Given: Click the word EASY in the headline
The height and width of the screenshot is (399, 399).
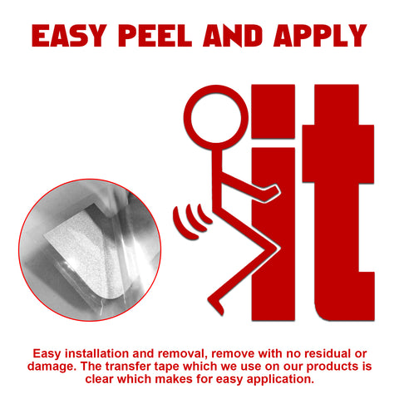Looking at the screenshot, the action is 69,36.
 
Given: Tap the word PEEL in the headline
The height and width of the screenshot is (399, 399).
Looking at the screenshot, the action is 155,36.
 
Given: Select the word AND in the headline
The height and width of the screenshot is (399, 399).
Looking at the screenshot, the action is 233,36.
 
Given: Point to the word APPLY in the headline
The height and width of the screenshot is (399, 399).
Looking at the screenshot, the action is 320,36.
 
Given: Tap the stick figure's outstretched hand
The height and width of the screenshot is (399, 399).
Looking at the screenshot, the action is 273,192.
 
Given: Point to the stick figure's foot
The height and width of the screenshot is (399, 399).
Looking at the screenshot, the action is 216,305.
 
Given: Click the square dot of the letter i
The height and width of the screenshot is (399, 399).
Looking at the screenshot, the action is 273,111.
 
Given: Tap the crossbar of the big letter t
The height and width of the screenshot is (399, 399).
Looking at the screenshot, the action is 338,154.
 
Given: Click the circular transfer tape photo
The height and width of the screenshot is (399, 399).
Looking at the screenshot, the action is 90,250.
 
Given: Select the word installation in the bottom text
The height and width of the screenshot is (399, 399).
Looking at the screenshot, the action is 96,354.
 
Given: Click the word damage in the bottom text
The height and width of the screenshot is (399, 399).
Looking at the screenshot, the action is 52,367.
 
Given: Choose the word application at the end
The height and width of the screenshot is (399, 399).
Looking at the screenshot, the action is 280,379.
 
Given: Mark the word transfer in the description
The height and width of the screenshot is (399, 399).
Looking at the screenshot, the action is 128,367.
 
